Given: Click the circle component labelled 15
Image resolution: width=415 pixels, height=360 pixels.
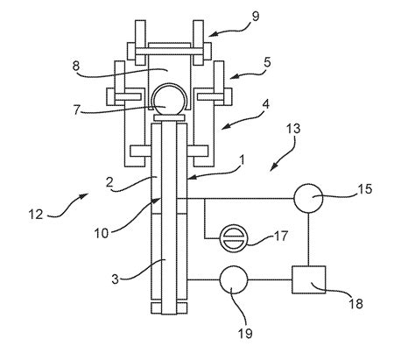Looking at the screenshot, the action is click(308, 198).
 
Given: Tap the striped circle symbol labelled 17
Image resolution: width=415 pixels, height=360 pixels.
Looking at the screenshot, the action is click(233, 238).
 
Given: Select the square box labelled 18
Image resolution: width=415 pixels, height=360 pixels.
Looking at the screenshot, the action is click(309, 279).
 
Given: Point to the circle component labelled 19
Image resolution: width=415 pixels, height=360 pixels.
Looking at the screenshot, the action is click(234, 279).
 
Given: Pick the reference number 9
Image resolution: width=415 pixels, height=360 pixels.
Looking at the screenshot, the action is click(256, 17).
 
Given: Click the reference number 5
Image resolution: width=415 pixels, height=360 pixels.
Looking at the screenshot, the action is click(267, 63).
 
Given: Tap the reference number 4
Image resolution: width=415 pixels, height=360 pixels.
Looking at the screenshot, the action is click(266, 105).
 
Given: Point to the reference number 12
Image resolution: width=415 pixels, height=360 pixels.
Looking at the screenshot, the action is click(36, 215).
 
